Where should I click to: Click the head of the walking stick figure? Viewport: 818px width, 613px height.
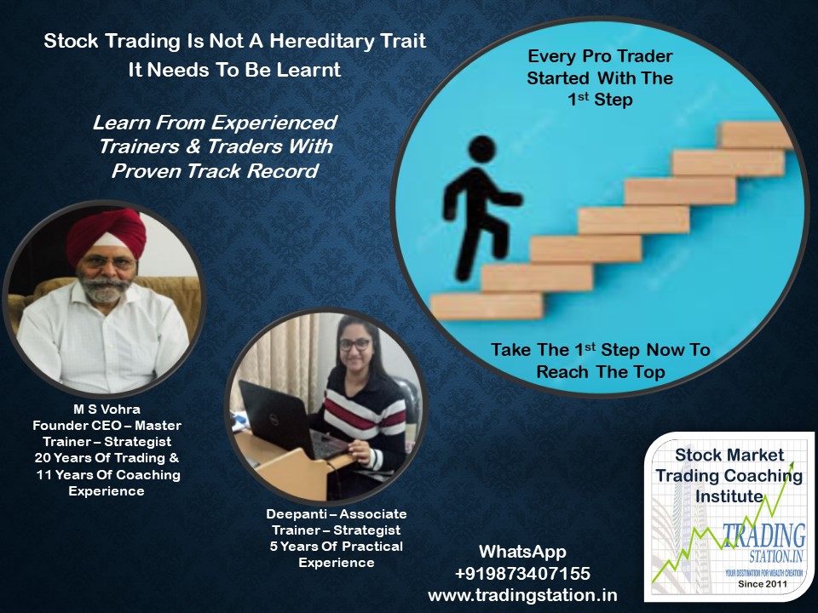(x=481, y=148)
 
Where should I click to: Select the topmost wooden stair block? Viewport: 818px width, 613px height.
(x=755, y=135)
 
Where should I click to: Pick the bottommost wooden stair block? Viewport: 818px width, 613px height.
(x=487, y=306)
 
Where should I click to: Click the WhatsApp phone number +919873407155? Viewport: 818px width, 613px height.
(x=522, y=573)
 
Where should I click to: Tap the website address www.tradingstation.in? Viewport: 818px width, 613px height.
(x=522, y=595)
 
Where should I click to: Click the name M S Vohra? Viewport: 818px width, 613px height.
(x=107, y=410)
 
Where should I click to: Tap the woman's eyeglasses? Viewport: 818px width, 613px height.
(x=354, y=345)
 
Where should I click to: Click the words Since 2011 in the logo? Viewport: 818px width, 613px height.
(x=762, y=584)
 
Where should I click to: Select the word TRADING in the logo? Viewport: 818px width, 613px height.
(x=764, y=536)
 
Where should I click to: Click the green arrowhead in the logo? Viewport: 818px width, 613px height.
(x=791, y=466)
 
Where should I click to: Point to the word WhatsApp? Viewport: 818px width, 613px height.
(x=522, y=552)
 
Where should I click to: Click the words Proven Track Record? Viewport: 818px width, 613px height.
(x=215, y=171)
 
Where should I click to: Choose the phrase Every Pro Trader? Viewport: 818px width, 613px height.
(x=600, y=56)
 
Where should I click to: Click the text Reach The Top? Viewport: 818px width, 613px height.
(x=601, y=372)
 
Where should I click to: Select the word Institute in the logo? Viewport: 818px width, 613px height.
(x=729, y=496)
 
